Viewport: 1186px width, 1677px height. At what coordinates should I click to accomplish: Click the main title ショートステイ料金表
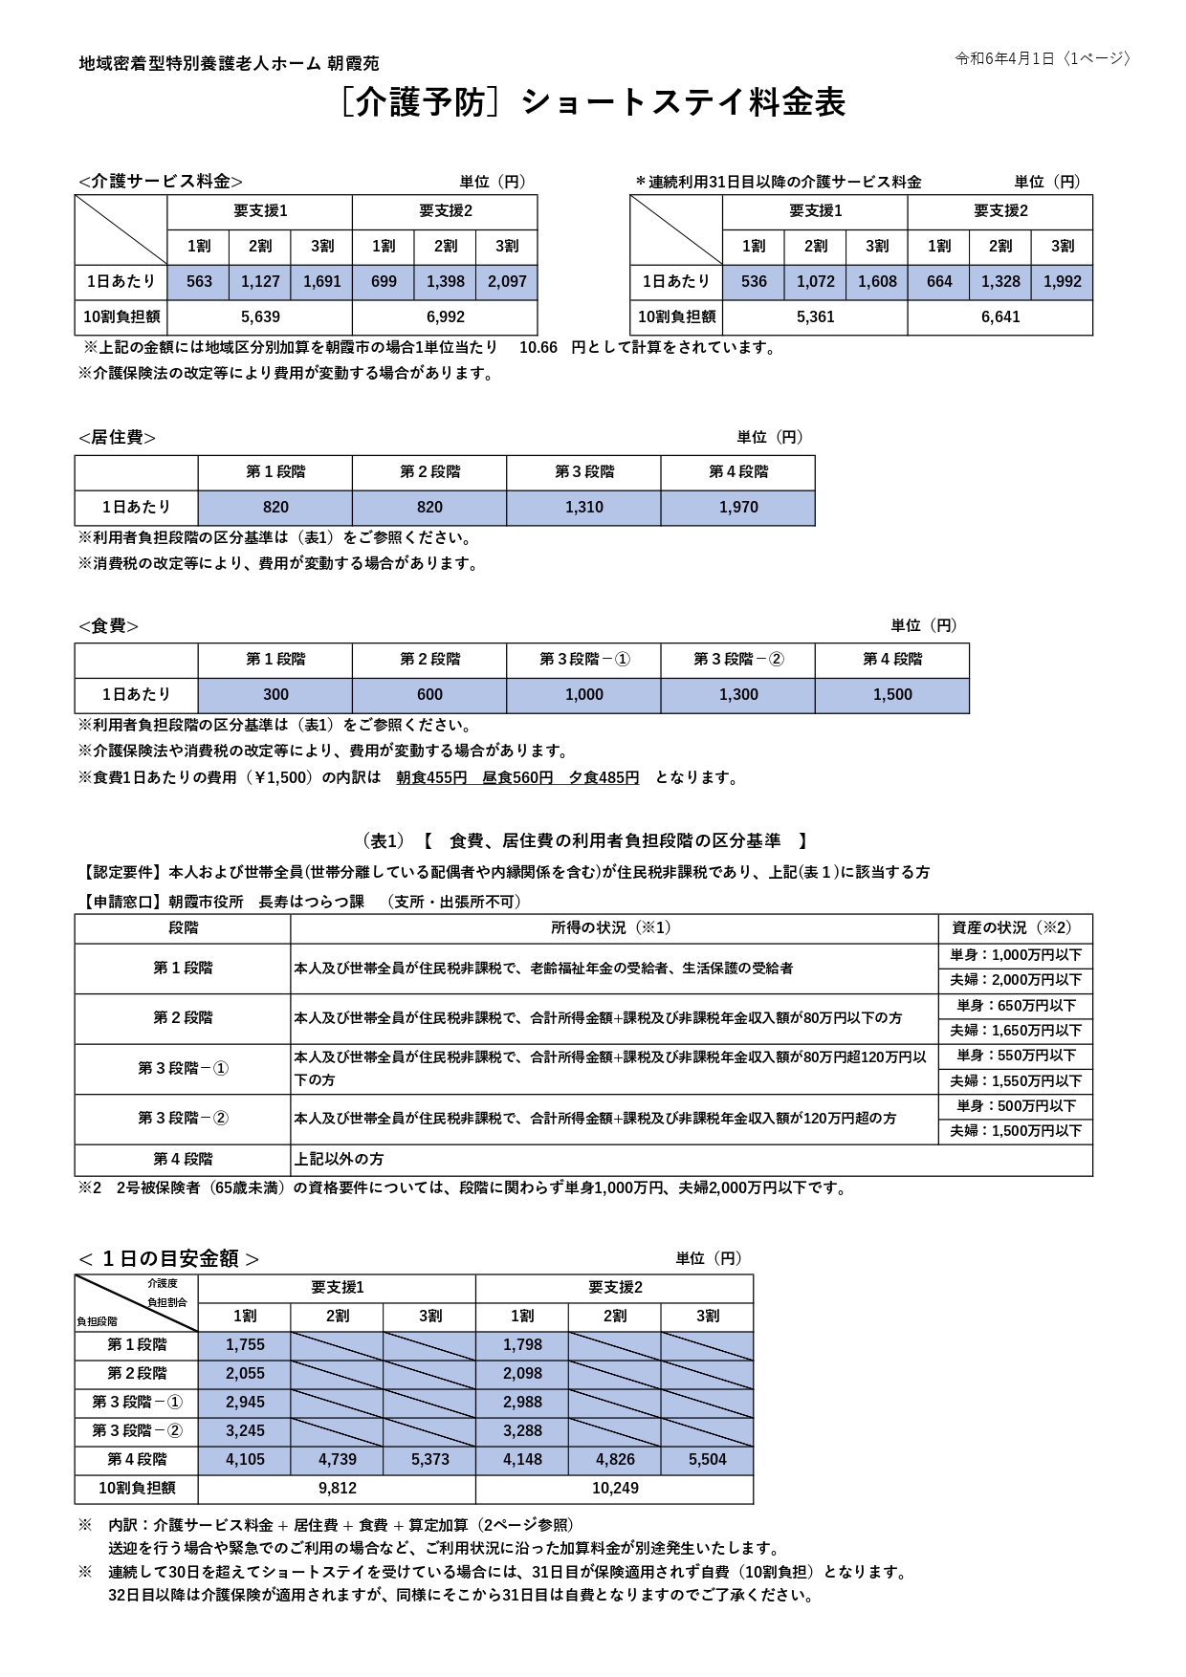pos(683,103)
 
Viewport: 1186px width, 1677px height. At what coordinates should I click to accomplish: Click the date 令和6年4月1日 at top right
pos(1003,58)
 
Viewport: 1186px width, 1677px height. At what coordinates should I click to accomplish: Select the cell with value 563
pos(199,282)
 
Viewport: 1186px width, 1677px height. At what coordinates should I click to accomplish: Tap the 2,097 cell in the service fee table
pos(506,282)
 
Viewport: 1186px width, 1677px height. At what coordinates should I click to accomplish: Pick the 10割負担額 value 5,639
pos(260,316)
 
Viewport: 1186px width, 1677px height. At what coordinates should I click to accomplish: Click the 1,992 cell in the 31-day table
pos(1062,282)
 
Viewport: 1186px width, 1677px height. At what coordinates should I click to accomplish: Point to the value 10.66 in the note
pos(538,348)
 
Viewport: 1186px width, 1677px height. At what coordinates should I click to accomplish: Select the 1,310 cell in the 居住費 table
pos(583,508)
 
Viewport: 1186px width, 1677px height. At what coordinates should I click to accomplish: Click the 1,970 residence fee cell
pos(737,508)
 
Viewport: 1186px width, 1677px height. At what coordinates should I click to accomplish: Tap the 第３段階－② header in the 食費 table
pos(737,660)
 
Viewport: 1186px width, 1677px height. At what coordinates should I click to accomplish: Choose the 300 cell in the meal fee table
pos(275,695)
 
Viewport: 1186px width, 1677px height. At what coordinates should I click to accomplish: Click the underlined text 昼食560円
pos(517,778)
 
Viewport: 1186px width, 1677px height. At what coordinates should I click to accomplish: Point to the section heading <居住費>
pos(117,438)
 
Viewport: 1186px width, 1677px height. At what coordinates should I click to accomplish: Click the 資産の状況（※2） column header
pos(1015,928)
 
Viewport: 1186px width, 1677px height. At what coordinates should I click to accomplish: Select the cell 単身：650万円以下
pos(1015,1006)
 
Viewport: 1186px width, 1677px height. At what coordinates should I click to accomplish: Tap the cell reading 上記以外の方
pos(339,1160)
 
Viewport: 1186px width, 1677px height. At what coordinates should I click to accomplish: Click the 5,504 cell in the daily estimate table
pos(707,1460)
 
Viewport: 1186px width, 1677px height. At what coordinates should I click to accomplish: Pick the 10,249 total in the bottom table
pos(614,1489)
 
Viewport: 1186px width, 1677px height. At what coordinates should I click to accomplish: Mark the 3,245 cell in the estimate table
pos(245,1431)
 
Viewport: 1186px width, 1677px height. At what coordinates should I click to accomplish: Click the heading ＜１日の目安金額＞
pos(168,1259)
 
